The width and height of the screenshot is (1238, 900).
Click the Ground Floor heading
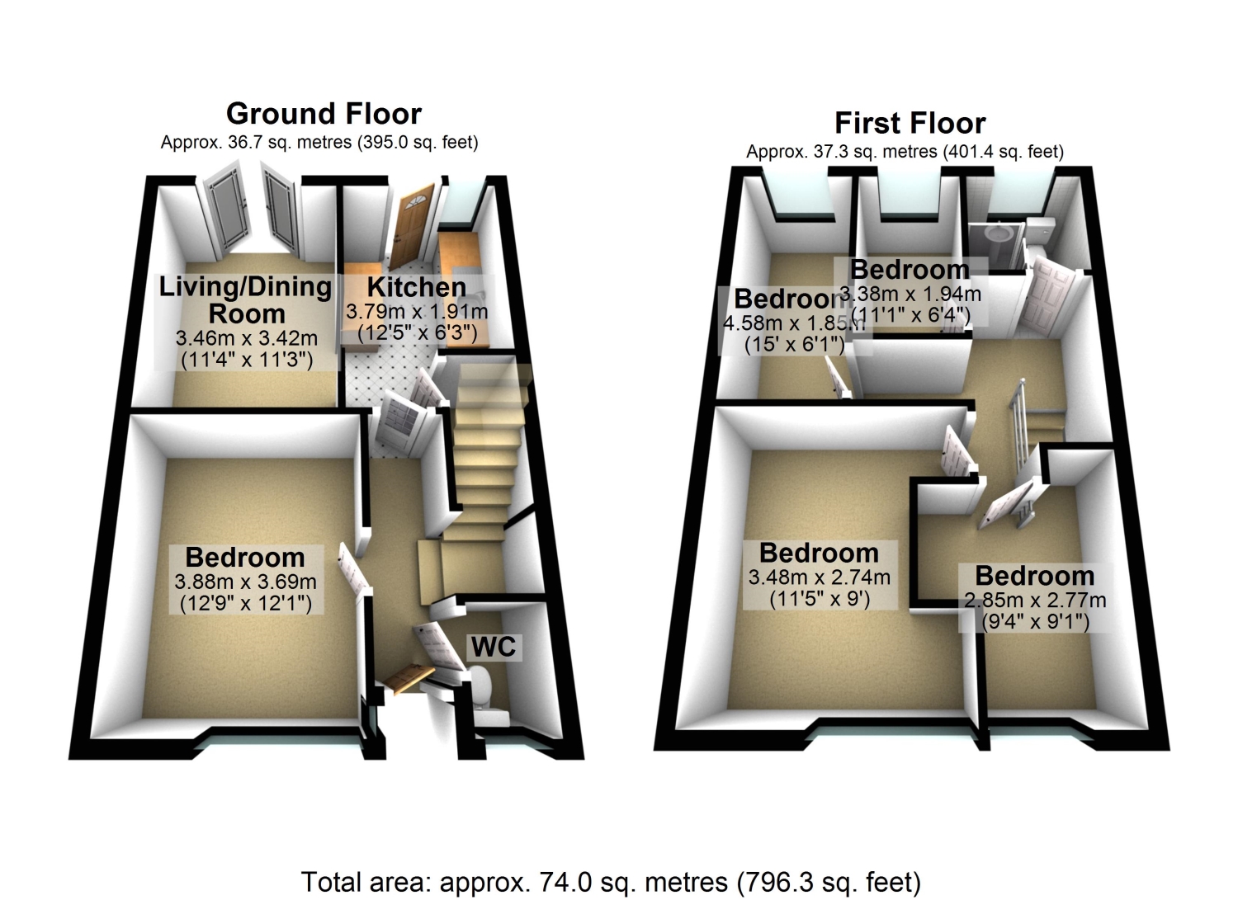(x=324, y=114)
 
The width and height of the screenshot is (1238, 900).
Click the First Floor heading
(x=910, y=124)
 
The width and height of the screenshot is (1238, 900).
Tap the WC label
(x=494, y=648)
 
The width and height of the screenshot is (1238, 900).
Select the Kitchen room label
(x=416, y=287)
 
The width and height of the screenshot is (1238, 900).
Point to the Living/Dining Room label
(x=245, y=300)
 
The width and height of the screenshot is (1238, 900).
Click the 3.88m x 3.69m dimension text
(x=245, y=582)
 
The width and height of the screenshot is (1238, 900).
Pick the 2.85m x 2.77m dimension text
(x=1035, y=601)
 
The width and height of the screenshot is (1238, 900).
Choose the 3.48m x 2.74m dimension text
(x=819, y=577)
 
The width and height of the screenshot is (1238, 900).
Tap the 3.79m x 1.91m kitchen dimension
(x=416, y=312)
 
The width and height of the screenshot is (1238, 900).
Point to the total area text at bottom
(x=611, y=882)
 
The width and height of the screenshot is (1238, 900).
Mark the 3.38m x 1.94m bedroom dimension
(x=910, y=294)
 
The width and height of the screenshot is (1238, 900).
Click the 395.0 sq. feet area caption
(x=319, y=142)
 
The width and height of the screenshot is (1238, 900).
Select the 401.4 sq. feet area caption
(x=905, y=152)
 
